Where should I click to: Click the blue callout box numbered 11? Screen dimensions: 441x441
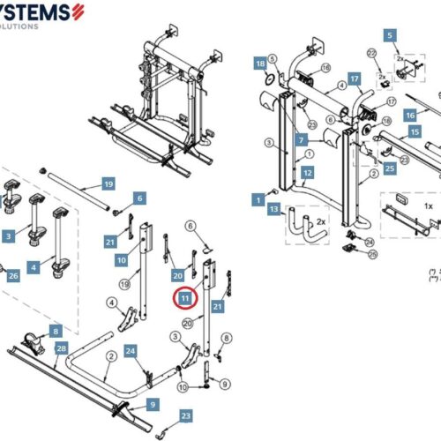pos(185,299)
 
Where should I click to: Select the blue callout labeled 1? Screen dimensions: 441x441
pos(258,200)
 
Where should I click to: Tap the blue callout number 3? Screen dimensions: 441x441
pos(8,236)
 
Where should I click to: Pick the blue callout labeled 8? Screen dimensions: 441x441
pos(56,331)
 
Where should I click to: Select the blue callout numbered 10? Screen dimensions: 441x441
pos(122,261)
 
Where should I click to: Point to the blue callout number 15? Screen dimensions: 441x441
pos(414,131)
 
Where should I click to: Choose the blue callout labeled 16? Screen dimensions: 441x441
pos(410,115)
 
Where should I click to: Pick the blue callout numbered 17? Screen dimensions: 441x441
pos(354,78)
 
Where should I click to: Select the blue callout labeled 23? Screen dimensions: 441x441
pos(185,415)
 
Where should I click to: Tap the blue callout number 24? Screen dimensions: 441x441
pos(131,352)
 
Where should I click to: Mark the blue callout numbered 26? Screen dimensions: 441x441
pos(12,275)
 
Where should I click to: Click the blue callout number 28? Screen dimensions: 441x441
pos(61,348)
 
